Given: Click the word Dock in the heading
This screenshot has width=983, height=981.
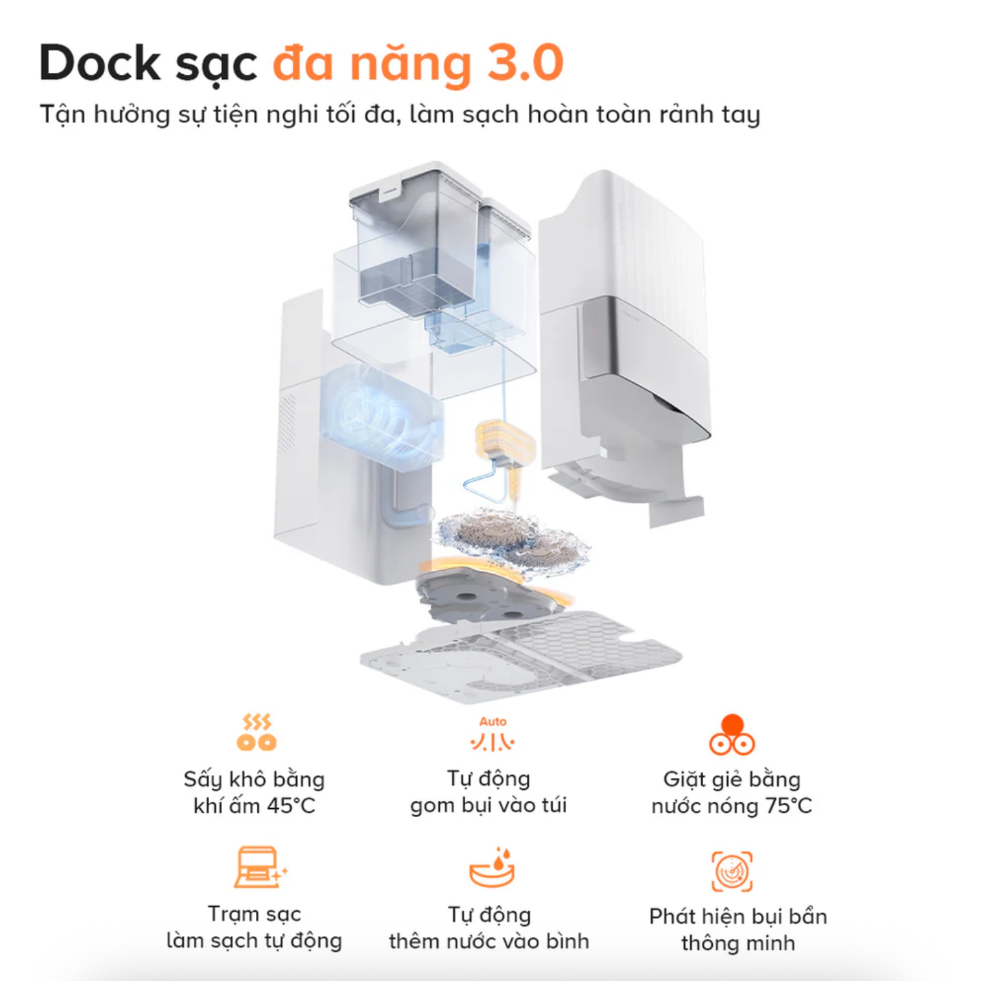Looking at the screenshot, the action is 101,63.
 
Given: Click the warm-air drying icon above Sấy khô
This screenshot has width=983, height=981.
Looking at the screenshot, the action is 256,732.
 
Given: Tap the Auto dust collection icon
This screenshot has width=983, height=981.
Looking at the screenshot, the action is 492,734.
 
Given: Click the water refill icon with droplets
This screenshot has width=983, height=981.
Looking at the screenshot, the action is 491,869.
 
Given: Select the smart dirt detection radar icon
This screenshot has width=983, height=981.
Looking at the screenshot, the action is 732,871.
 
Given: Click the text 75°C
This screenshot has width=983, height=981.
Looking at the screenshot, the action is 788,806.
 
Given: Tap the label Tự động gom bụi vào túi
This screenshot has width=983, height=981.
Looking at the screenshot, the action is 489,793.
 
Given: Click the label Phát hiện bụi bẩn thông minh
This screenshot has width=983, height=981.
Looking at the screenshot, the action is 738,929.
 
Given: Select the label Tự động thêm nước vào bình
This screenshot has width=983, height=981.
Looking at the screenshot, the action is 489,928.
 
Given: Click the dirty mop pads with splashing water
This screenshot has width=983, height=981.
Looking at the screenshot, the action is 513,539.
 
